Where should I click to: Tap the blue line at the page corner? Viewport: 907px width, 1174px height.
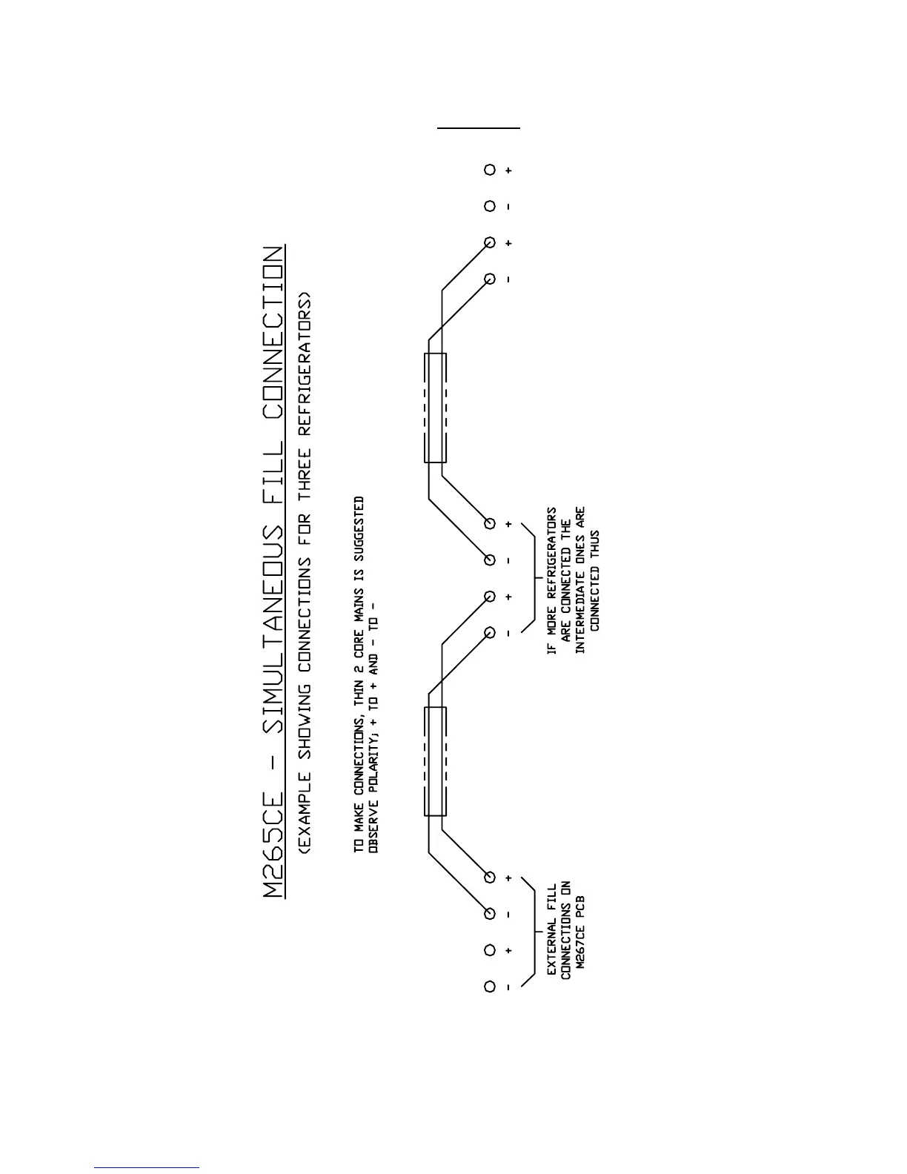click(x=147, y=1167)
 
